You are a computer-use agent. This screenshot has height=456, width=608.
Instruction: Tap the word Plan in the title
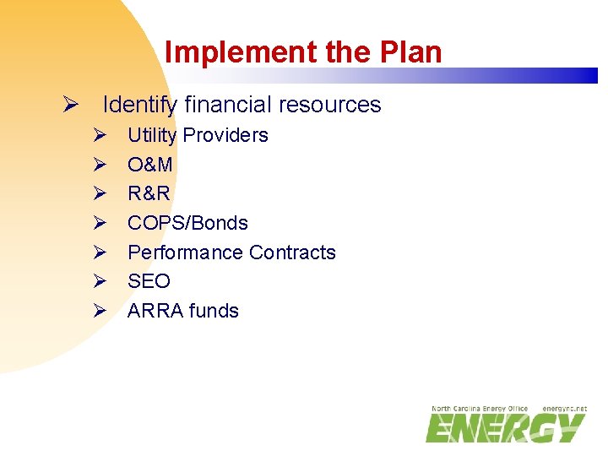click(410, 52)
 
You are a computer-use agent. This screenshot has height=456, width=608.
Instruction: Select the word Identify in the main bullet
click(140, 105)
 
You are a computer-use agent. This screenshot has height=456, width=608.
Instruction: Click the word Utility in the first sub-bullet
click(152, 135)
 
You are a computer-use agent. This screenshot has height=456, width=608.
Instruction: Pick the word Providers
click(225, 135)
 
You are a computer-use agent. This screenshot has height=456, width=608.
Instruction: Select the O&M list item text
click(150, 165)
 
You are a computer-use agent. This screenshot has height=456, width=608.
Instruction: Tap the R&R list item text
click(149, 193)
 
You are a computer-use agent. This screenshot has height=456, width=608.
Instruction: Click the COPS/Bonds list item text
click(187, 223)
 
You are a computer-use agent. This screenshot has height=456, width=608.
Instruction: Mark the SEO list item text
click(149, 281)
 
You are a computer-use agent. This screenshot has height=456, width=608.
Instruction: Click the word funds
click(214, 311)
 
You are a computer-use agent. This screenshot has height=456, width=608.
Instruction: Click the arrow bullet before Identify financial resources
click(71, 106)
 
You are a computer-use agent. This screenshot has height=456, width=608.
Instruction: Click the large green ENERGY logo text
click(505, 428)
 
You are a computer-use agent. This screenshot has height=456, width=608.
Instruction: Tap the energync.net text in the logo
click(564, 409)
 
